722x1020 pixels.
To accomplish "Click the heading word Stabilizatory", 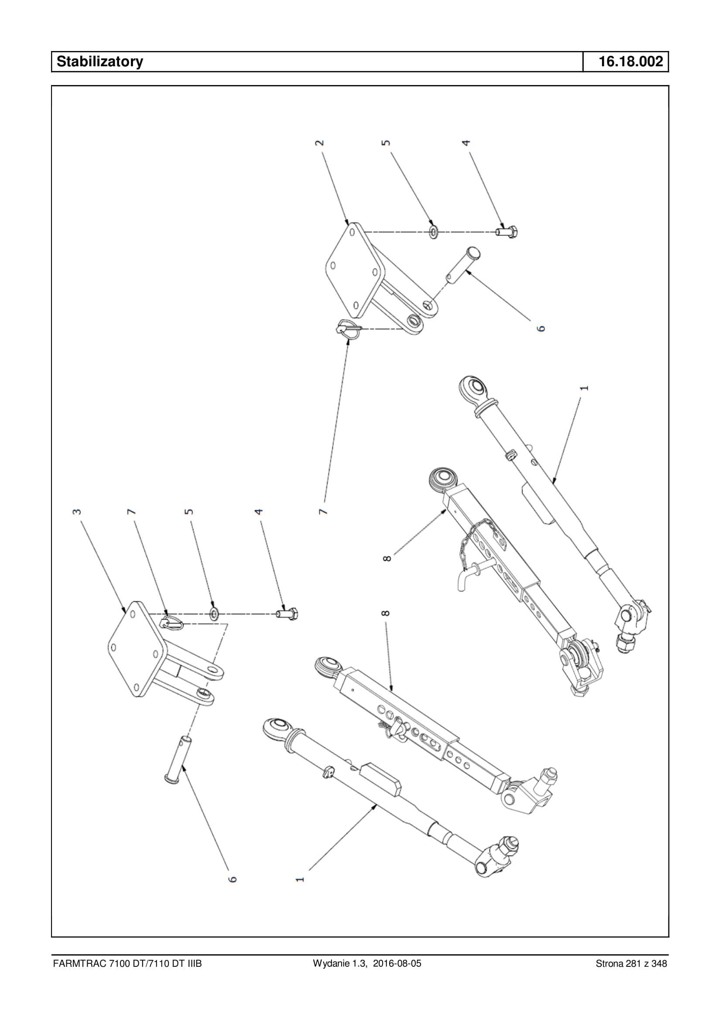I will (x=99, y=61).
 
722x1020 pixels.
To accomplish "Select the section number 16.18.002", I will (x=630, y=61).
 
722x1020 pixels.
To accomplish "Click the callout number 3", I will (x=77, y=512).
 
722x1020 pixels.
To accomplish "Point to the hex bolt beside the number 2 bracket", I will (x=507, y=232).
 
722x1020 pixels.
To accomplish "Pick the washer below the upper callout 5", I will (x=434, y=232).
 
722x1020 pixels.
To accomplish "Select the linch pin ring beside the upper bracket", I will (x=348, y=329).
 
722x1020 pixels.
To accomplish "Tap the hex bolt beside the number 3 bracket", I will (x=287, y=614).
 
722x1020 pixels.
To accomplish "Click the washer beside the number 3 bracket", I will (x=214, y=614).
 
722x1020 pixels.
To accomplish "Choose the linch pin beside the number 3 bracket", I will (x=172, y=623).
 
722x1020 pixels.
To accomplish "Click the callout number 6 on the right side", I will (x=541, y=328).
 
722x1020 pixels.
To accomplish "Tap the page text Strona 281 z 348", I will (x=631, y=963).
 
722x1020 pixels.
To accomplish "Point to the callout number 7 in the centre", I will (x=323, y=512).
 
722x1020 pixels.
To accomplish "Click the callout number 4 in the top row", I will (x=465, y=143).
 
